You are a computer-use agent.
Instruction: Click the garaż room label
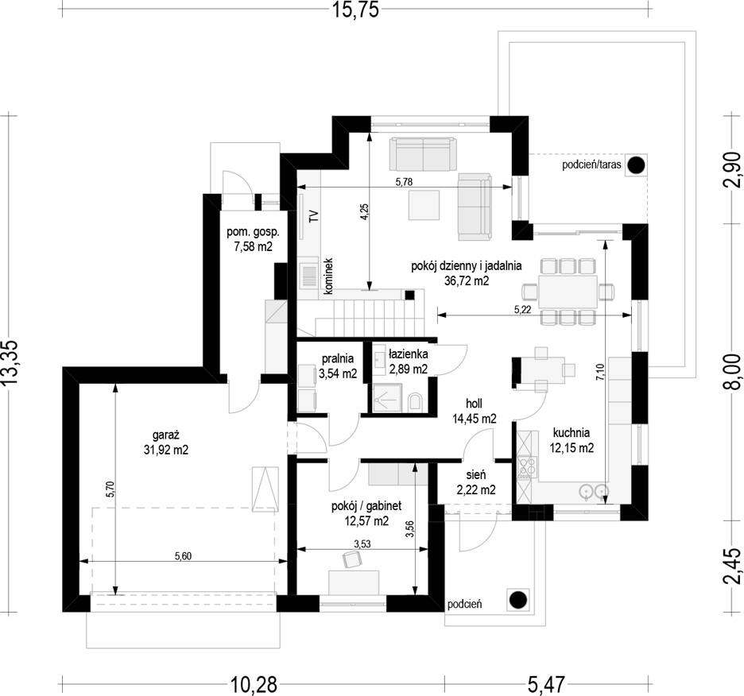(165, 434)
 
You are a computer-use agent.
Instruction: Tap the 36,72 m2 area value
(467, 280)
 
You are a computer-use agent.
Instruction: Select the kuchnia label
(572, 432)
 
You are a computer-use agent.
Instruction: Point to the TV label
(313, 217)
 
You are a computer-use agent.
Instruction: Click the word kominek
(329, 276)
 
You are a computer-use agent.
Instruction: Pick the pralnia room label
(338, 358)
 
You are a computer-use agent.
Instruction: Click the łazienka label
(408, 354)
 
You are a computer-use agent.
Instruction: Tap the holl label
(474, 404)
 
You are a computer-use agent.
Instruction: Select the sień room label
(475, 474)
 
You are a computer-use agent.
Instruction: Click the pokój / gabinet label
(366, 506)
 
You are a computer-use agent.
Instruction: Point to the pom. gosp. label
(253, 232)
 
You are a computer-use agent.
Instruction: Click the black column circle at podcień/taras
(635, 165)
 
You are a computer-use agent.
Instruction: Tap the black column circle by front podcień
(518, 600)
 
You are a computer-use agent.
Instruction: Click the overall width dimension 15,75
(355, 10)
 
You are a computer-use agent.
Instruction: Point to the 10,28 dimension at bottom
(254, 685)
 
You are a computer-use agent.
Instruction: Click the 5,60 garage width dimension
(183, 555)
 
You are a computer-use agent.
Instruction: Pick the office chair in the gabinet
(351, 560)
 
